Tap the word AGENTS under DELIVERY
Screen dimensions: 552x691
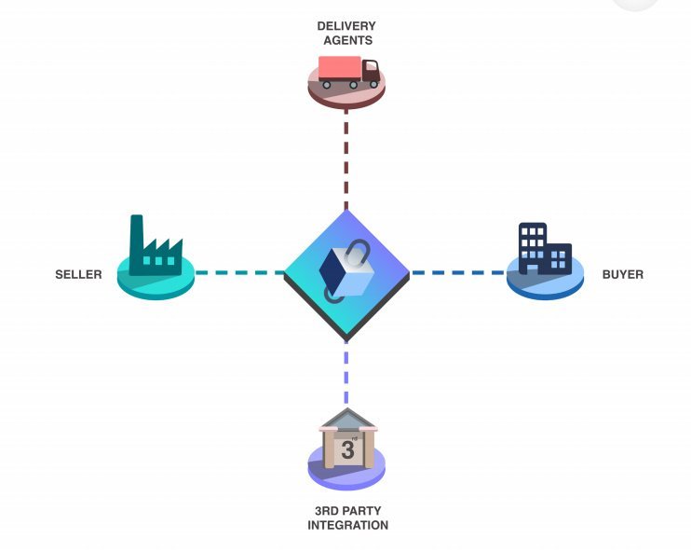tap(346, 41)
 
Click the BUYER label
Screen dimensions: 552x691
tap(623, 275)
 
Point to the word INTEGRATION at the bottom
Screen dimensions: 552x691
tap(347, 526)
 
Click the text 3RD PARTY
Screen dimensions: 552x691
tap(347, 511)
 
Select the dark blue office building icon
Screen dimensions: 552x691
tap(543, 249)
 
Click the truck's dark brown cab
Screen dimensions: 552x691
tap(371, 71)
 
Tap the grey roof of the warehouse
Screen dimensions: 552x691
tap(346, 418)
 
